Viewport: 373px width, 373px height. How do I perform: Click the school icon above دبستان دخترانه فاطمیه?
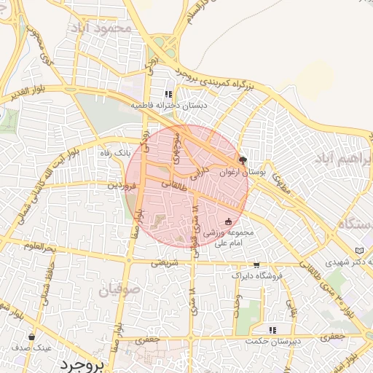click(168, 94)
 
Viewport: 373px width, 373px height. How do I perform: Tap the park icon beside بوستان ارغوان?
click(243, 160)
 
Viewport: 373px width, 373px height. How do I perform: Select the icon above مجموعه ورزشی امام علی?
click(229, 221)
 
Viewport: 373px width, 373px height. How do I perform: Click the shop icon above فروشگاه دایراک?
click(256, 265)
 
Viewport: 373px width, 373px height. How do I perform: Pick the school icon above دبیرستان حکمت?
click(272, 330)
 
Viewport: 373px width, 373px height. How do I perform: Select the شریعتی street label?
click(165, 264)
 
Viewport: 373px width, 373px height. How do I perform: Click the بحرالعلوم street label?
click(40, 248)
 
